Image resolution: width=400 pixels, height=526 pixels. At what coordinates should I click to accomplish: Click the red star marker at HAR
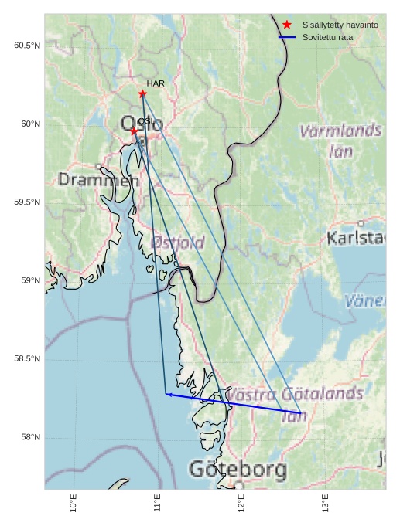pos(142,93)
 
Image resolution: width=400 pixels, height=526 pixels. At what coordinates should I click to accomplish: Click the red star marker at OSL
pos(134,131)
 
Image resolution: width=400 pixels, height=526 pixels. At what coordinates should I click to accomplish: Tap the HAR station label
pos(156,83)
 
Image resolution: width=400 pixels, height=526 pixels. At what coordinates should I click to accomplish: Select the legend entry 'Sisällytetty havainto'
pos(340,25)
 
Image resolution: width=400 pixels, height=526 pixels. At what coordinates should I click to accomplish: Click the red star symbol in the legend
pos(287,25)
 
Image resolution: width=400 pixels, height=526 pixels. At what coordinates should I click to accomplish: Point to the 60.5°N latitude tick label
pos(27,46)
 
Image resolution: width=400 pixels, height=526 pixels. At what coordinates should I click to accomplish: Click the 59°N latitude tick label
pos(29,281)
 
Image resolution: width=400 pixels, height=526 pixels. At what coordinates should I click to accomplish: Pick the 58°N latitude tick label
pos(29,438)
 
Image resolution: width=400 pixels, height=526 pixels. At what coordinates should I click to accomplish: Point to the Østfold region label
pos(179,243)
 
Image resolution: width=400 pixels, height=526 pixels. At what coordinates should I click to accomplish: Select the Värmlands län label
pos(340,141)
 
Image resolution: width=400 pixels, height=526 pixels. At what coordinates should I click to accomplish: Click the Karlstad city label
pos(356,238)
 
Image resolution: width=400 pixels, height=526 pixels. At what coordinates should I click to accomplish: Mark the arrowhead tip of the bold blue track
pos(166,394)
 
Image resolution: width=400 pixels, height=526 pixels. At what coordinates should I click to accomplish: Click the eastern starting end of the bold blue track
pos(300,412)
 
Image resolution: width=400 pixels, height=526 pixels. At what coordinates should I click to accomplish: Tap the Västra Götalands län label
pos(294,404)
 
